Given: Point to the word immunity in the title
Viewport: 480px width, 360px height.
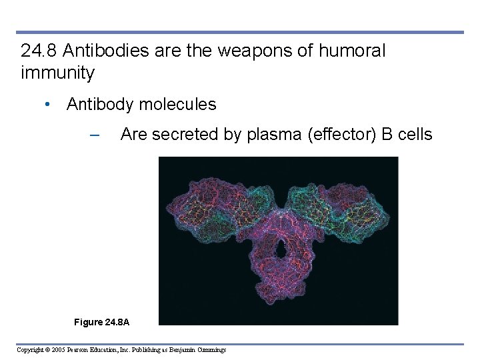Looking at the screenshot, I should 58,73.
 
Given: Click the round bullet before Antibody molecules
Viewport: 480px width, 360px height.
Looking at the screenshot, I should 48,105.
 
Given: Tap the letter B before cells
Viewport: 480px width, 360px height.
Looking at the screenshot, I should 387,135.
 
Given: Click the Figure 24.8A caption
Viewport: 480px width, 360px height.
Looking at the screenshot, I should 101,323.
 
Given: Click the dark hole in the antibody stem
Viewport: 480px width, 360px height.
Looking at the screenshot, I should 280,250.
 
